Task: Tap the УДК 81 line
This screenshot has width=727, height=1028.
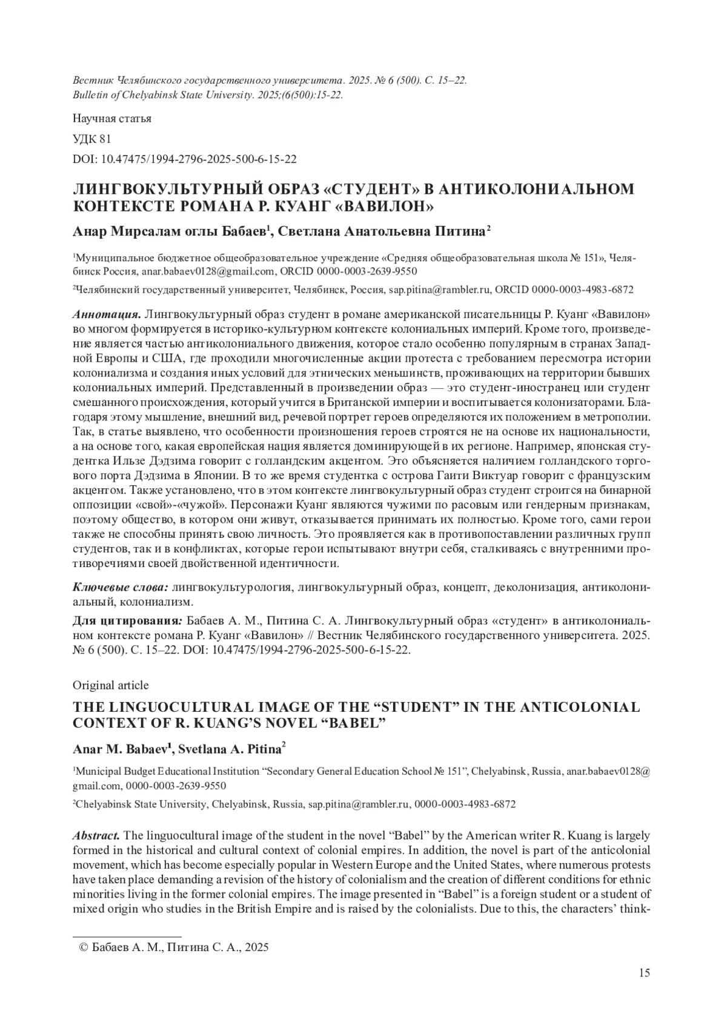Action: (x=92, y=139)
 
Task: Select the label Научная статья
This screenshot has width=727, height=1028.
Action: (x=112, y=118)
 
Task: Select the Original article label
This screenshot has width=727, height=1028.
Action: (x=111, y=685)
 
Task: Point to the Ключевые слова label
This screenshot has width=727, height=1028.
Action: (x=121, y=588)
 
